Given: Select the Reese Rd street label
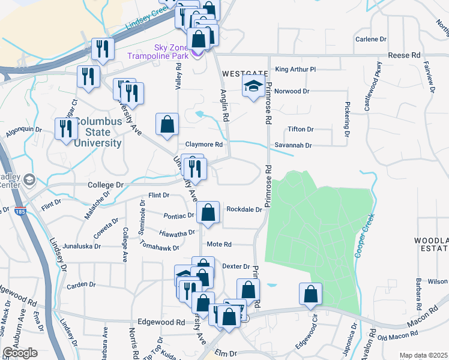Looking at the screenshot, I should [404, 55].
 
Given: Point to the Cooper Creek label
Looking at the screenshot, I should [364, 236].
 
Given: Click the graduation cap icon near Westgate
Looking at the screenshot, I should [253, 87].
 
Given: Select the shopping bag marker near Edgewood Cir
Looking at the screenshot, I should [310, 295].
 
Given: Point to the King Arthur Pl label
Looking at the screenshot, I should [295, 70].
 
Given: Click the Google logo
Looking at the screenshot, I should [20, 353].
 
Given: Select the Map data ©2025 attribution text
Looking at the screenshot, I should [423, 355].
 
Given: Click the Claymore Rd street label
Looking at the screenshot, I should [203, 145].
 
